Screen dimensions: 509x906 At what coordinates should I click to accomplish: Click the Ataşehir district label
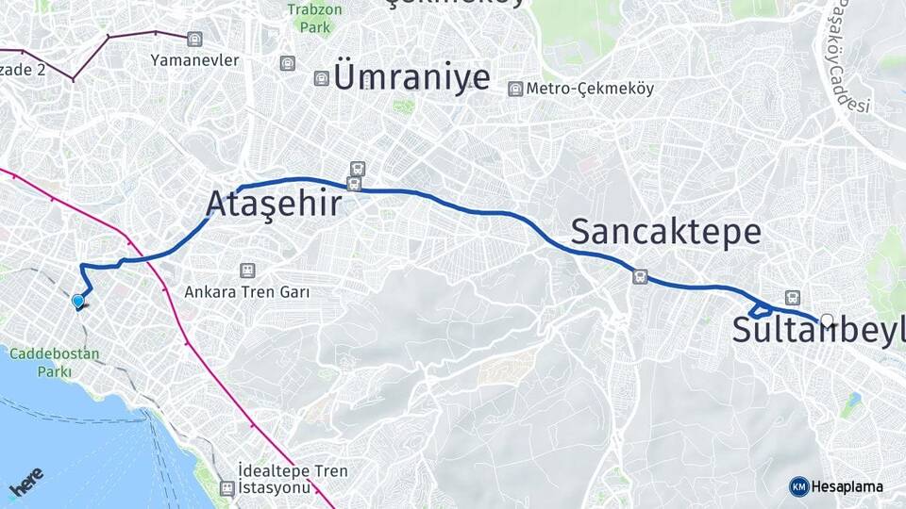[x=273, y=204]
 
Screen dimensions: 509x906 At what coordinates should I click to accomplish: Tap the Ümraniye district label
[x=411, y=77]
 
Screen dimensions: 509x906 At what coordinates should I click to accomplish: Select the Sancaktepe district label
[x=665, y=231]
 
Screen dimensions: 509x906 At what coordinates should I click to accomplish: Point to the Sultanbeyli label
[x=817, y=331]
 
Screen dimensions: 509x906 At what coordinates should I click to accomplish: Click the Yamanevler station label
[x=195, y=60]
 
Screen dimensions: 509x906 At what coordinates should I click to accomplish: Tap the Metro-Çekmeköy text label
[x=591, y=89]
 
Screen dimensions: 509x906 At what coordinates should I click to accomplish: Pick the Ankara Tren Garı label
[x=247, y=291]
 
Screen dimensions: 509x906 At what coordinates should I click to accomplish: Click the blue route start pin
[x=77, y=301]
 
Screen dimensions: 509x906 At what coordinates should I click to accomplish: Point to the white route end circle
[x=828, y=320]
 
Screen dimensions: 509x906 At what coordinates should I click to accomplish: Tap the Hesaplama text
[x=847, y=486]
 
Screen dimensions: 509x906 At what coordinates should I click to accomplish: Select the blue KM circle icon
[x=798, y=486]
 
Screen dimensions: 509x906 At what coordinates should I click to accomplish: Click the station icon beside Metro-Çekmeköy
[x=515, y=89]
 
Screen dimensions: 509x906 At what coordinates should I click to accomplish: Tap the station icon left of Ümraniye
[x=322, y=78]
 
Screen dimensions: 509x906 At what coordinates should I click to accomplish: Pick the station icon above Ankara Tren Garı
[x=247, y=271]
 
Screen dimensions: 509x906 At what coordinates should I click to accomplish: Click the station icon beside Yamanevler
[x=194, y=39]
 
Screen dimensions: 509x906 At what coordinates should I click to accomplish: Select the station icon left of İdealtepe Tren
[x=226, y=488]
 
